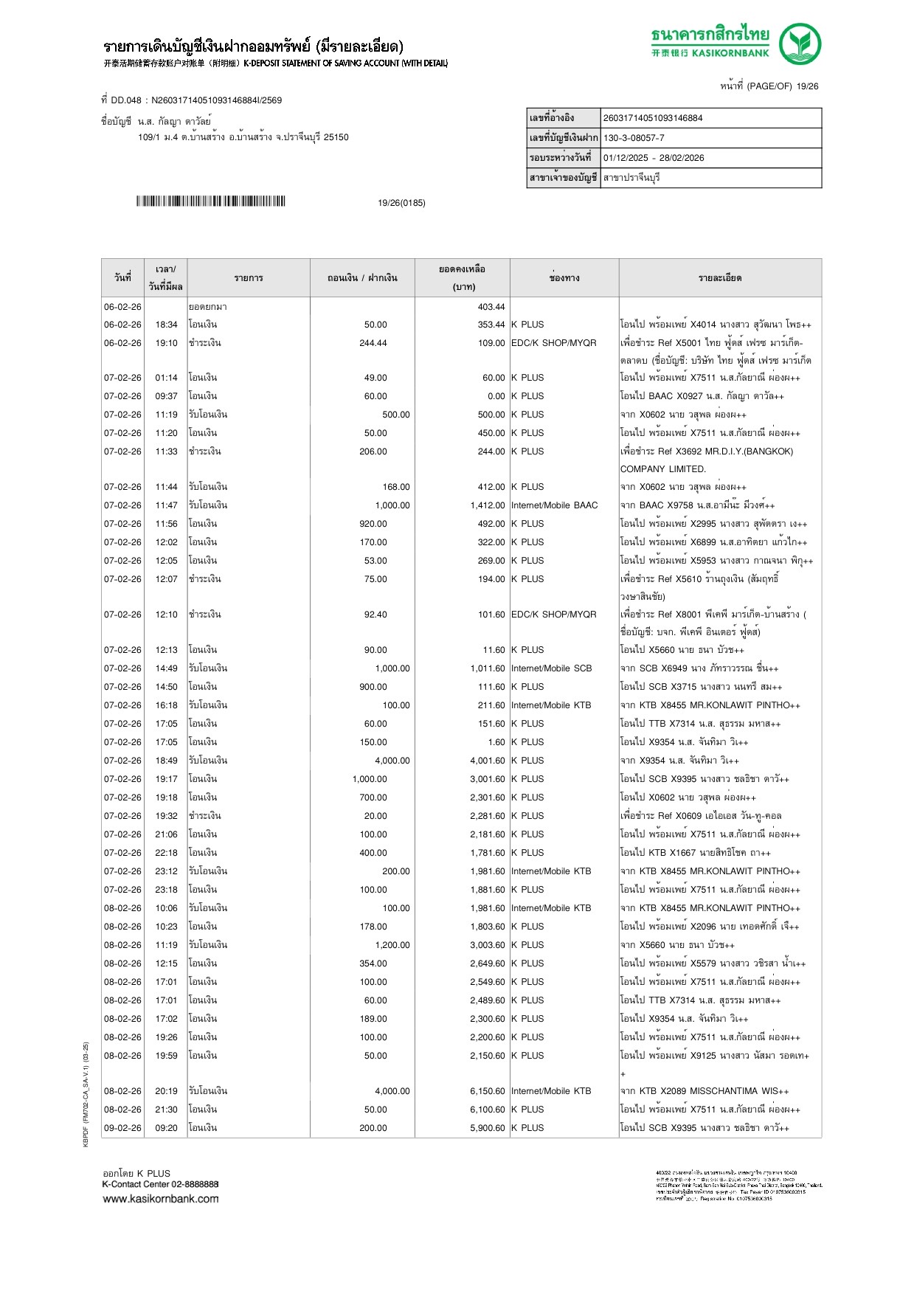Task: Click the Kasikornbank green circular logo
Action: tap(800, 44)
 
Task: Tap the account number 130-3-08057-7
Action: tap(634, 138)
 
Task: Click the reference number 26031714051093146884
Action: tap(653, 118)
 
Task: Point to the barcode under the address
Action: tap(210, 201)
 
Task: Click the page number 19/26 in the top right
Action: tap(807, 86)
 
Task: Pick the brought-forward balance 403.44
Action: tap(491, 307)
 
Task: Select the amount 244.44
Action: tap(373, 343)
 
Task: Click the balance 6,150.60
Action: tap(487, 1091)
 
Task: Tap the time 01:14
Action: tap(166, 378)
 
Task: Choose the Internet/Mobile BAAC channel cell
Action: tap(554, 505)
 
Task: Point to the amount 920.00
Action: tap(373, 524)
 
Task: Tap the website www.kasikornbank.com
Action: tap(160, 1199)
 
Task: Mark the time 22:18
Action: tap(166, 853)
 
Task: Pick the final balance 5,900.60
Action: tap(487, 1128)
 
